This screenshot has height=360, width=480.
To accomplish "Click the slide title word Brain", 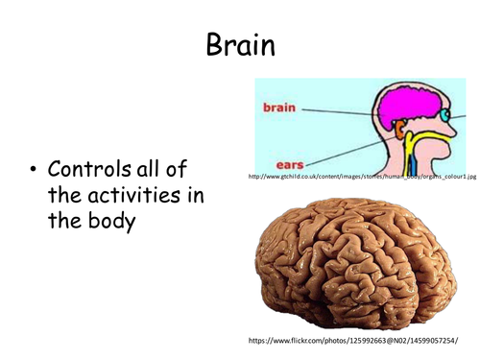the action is click(239, 43).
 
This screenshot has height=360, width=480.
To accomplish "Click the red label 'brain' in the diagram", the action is click(279, 108).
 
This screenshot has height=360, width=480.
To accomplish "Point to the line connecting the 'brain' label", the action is click(336, 111).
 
